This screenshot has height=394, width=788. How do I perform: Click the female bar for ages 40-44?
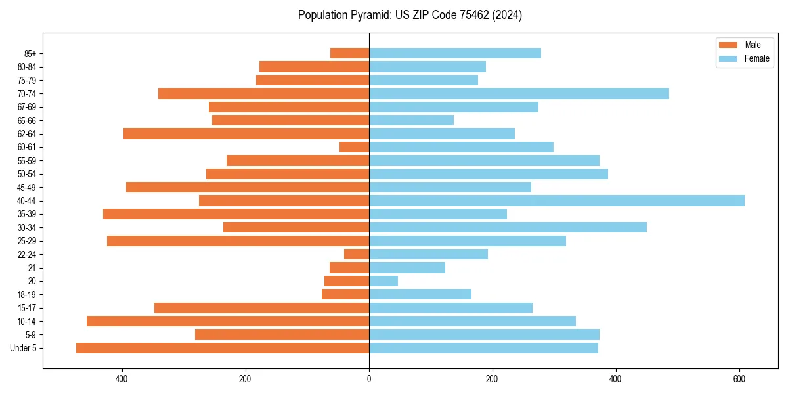[x=557, y=200]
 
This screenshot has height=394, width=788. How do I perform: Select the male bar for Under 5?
[x=223, y=348]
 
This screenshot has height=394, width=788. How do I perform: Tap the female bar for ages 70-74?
[x=519, y=93]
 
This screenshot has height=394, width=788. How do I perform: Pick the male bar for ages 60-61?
[x=355, y=147]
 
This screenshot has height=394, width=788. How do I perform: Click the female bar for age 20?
[x=383, y=281]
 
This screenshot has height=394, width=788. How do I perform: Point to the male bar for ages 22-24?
[x=357, y=254]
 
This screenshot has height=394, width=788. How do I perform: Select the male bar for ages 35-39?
[x=236, y=214]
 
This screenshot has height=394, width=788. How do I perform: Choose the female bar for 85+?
[x=455, y=53]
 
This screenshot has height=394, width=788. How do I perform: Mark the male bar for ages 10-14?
[x=228, y=321]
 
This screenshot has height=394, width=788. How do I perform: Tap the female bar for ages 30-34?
[x=508, y=227]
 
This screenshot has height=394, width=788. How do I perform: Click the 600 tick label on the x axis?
[x=739, y=379]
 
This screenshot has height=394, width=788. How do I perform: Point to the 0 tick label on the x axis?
[x=369, y=379]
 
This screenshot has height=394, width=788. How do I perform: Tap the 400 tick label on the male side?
[x=121, y=379]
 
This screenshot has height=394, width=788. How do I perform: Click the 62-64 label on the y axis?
[x=27, y=134]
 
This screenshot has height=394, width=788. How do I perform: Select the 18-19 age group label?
[x=27, y=295]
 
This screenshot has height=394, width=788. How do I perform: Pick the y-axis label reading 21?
[x=32, y=268]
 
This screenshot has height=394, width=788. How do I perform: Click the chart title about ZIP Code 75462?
[x=410, y=15]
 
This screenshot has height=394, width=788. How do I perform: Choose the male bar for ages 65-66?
[x=290, y=120]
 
